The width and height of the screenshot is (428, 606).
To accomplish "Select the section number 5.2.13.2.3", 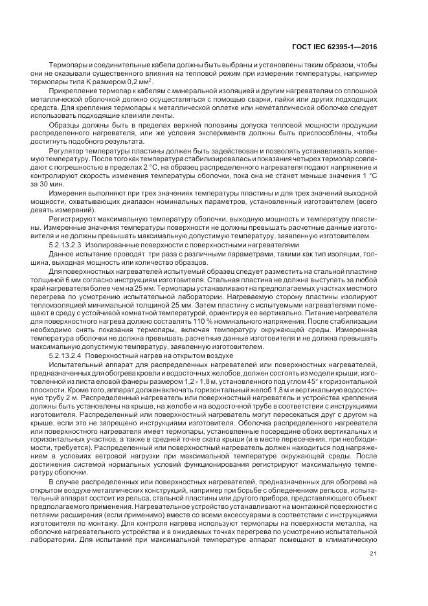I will click(66, 245).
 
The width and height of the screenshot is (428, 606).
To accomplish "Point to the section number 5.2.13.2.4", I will click(66, 355).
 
